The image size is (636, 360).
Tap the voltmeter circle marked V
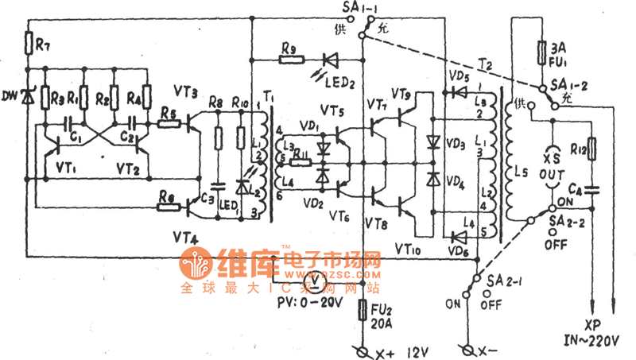[314, 281]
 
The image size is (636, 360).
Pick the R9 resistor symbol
[289, 60]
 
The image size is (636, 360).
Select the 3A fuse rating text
[548, 47]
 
